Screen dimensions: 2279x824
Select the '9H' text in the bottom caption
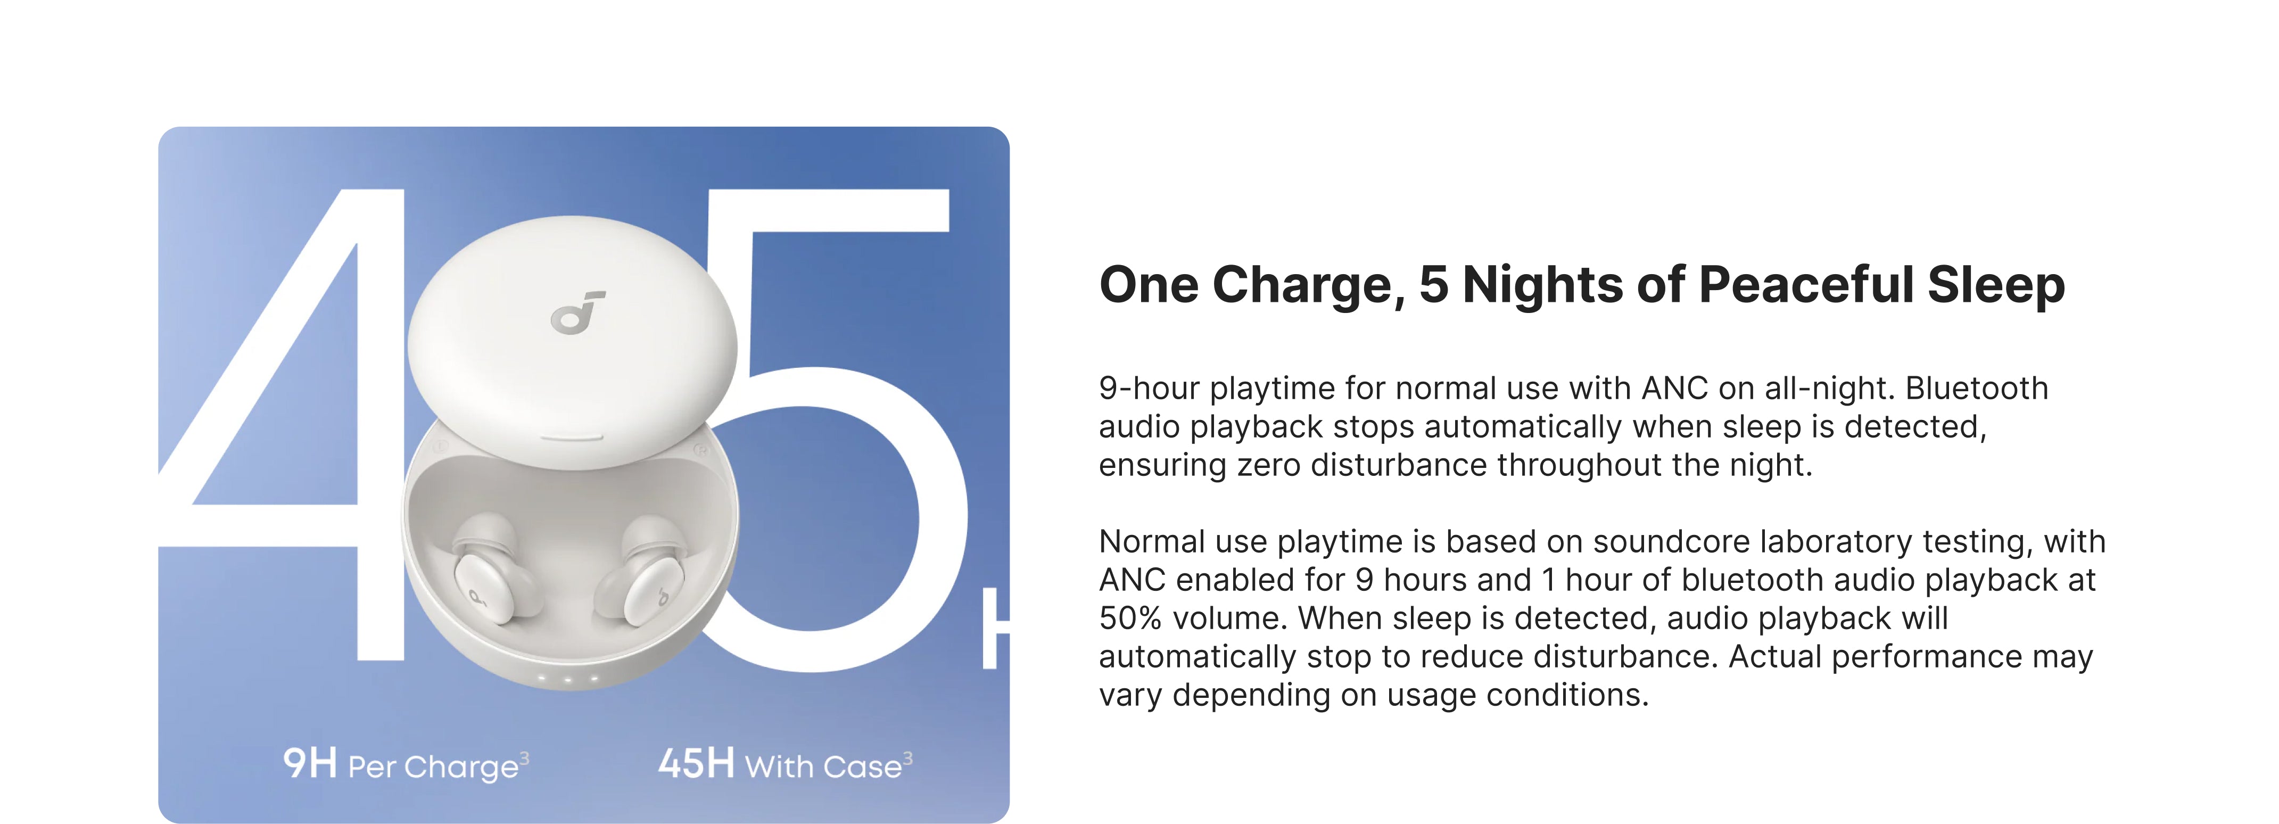click(310, 763)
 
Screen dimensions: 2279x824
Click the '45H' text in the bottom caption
click(696, 763)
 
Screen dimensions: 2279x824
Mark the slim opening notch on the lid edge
click(572, 437)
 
